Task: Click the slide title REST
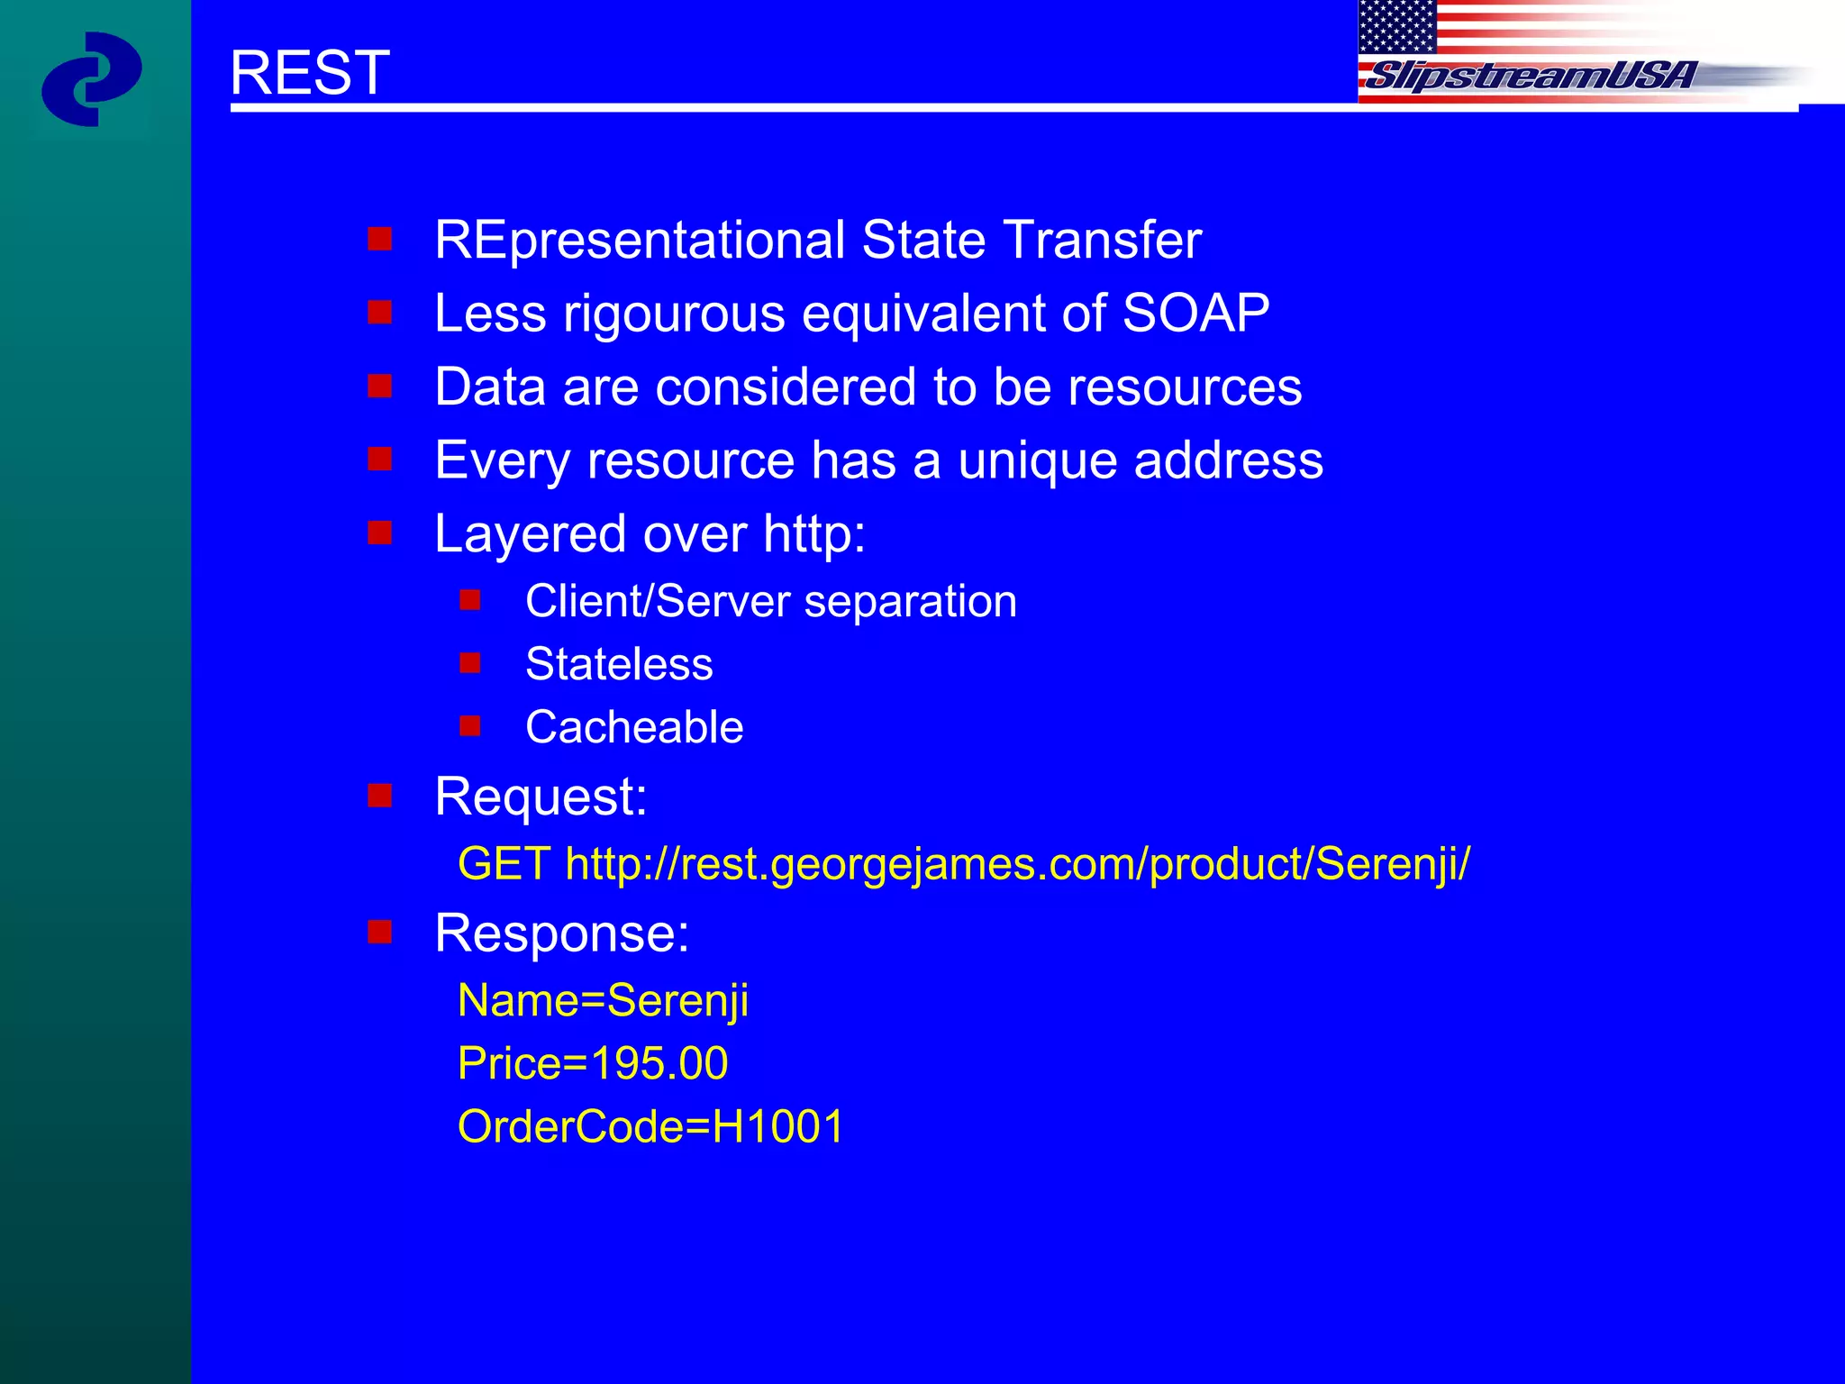click(x=309, y=72)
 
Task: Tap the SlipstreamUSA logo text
click(x=1530, y=76)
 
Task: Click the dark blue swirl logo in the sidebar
click(x=91, y=79)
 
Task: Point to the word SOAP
click(x=1195, y=314)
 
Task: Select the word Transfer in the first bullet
click(x=1102, y=240)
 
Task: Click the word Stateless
click(x=619, y=664)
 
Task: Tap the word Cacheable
click(x=634, y=727)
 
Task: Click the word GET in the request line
click(x=504, y=863)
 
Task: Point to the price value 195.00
click(x=659, y=1063)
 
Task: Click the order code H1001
click(x=777, y=1126)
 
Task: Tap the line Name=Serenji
click(x=603, y=1000)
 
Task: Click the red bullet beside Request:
click(x=379, y=796)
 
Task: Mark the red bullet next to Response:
click(x=379, y=932)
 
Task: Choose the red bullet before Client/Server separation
click(x=469, y=599)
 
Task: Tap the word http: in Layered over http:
click(x=813, y=533)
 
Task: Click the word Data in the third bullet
click(x=490, y=387)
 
